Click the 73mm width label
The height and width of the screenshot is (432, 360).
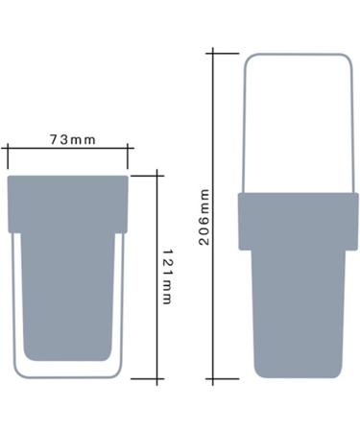pos(73,139)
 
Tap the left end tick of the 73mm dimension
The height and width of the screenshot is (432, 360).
pos(7,150)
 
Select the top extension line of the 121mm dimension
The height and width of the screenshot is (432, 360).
pos(144,174)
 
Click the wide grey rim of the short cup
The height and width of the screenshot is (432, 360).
pos(68,203)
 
